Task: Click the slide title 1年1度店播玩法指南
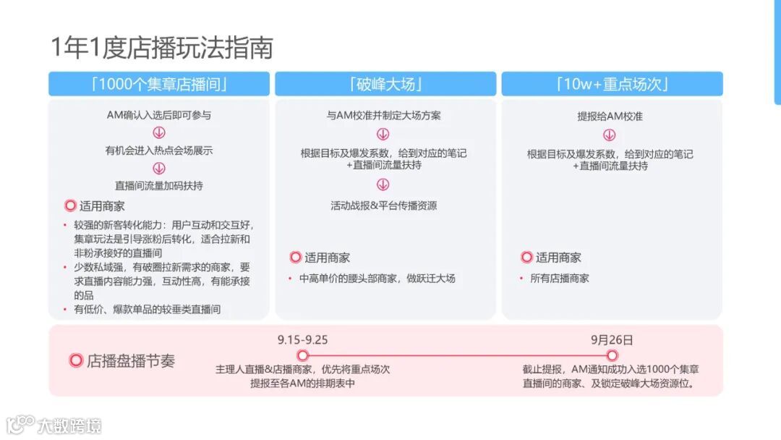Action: [x=162, y=48]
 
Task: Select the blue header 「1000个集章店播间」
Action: [x=158, y=84]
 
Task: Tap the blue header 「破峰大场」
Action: [x=385, y=84]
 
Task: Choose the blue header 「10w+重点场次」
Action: [x=612, y=84]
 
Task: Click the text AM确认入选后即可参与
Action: [x=159, y=115]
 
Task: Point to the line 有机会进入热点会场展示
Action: [x=159, y=151]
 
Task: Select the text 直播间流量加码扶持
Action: [x=159, y=185]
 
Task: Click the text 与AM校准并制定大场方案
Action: [x=384, y=115]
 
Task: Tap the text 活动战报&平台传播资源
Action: [x=384, y=206]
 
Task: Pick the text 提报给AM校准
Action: [x=610, y=116]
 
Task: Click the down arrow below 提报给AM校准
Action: [x=610, y=135]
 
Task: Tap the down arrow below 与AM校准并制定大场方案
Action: [x=383, y=134]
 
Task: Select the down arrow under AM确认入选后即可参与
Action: [x=159, y=132]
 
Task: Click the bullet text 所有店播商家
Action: [x=560, y=278]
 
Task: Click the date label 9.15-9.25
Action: [x=302, y=339]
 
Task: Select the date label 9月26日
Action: [x=612, y=339]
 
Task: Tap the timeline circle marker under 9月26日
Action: [x=612, y=355]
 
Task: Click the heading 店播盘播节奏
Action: [x=131, y=360]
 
